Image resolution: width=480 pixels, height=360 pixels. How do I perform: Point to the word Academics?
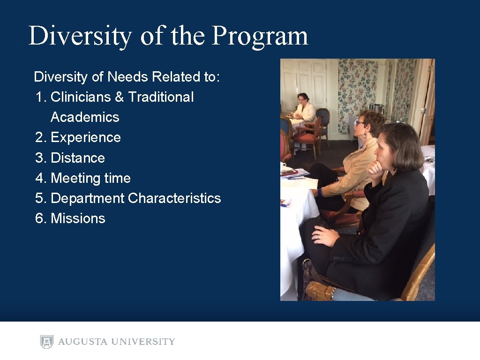[85, 117]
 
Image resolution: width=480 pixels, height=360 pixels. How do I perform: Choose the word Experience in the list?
[85, 137]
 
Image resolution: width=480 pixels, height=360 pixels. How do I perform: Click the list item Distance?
[77, 158]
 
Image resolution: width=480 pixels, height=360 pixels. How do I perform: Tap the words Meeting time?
[90, 178]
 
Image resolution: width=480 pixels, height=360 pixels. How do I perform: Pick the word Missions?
[78, 218]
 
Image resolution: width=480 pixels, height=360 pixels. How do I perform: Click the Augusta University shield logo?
[46, 342]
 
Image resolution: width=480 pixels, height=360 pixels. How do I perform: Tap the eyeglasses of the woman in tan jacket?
[360, 123]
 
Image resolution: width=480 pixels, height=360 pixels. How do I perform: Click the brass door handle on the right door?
[423, 111]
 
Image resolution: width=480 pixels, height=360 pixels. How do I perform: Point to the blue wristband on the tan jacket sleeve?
[320, 192]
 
